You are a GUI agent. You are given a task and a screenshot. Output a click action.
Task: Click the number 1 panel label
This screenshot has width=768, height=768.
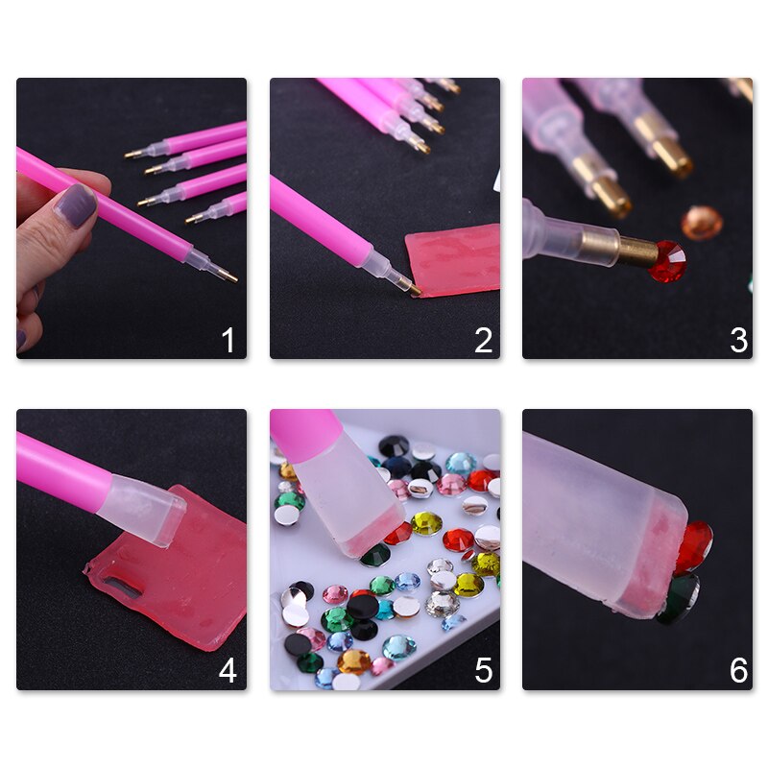pyautogui.click(x=228, y=340)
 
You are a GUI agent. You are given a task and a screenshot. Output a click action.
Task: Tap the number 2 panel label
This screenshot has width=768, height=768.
pyautogui.click(x=483, y=340)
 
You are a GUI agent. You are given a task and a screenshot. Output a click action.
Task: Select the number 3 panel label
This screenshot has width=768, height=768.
pyautogui.click(x=737, y=340)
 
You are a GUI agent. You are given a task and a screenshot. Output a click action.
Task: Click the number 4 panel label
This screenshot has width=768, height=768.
pyautogui.click(x=228, y=670)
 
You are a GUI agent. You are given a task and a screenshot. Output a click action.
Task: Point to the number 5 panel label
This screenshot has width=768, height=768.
pyautogui.click(x=483, y=670)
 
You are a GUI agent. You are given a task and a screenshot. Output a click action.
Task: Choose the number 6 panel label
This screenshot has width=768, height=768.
pyautogui.click(x=737, y=670)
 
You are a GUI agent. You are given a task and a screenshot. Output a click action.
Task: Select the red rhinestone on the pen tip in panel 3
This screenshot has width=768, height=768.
pyautogui.click(x=667, y=261)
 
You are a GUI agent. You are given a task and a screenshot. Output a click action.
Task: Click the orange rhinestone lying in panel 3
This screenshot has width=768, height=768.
pyautogui.click(x=702, y=223)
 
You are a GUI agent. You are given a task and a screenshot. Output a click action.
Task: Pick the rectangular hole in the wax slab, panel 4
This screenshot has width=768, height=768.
pyautogui.click(x=118, y=585)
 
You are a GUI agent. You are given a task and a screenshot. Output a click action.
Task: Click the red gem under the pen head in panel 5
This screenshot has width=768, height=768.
pyautogui.click(x=398, y=534)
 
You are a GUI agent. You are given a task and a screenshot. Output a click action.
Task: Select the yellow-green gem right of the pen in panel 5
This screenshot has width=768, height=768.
pyautogui.click(x=426, y=523)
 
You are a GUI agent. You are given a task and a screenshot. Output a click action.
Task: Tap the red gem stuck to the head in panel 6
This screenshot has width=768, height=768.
pyautogui.click(x=693, y=548)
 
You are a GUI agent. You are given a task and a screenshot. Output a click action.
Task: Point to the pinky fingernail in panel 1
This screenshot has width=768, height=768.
pyautogui.click(x=21, y=338)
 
